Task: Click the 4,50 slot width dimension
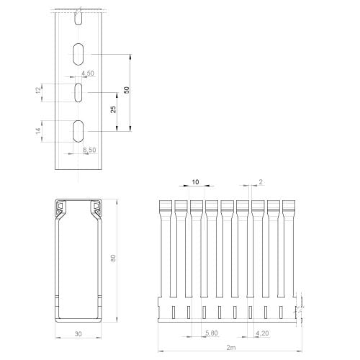[x=88, y=73]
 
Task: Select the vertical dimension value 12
[x=38, y=91]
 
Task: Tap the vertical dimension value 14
[x=38, y=131]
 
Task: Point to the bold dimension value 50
[x=127, y=90]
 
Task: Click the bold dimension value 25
[x=113, y=109]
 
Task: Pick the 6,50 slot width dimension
[x=89, y=150]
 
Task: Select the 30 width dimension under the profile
[x=78, y=333]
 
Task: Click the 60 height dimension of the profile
[x=113, y=258]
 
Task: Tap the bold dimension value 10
[x=195, y=182]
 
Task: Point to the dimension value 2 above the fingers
[x=261, y=182]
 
